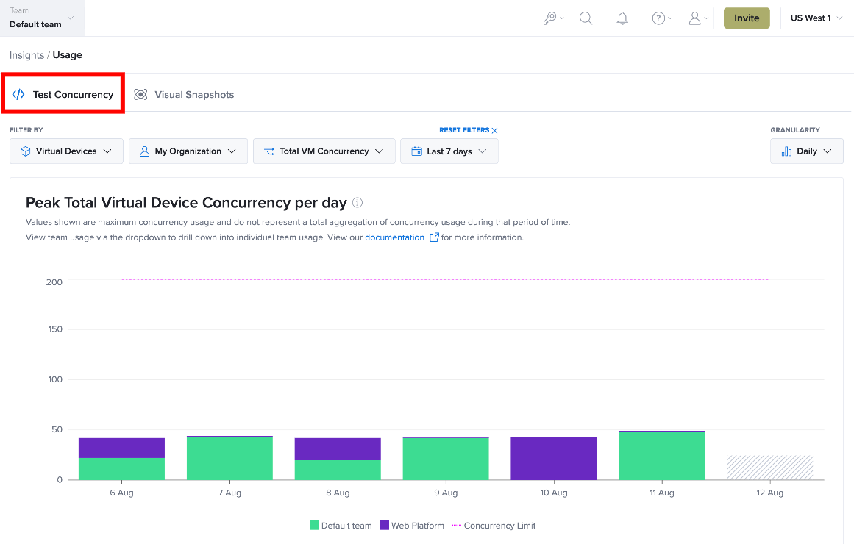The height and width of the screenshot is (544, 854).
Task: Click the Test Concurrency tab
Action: click(x=63, y=94)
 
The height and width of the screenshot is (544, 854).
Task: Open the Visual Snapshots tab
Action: click(x=184, y=94)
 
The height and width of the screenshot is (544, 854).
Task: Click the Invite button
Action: click(x=746, y=18)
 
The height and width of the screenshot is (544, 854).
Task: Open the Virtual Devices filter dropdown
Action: click(x=66, y=151)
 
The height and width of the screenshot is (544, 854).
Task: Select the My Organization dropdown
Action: click(x=188, y=151)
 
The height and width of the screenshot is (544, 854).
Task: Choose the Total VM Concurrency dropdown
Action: click(x=324, y=151)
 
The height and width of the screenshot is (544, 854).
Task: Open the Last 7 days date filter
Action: click(x=449, y=151)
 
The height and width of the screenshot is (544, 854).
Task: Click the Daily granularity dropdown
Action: click(x=807, y=151)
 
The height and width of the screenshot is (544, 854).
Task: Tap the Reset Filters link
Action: click(x=469, y=130)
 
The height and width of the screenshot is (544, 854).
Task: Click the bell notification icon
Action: click(x=622, y=18)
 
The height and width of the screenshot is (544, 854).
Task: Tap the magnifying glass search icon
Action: click(x=586, y=18)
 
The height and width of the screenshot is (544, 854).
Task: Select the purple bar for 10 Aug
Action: click(x=553, y=458)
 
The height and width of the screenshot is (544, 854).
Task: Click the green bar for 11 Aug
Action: click(x=662, y=456)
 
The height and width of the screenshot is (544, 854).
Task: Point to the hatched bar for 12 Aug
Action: click(x=769, y=468)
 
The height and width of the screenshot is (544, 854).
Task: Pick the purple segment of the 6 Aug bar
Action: click(x=121, y=448)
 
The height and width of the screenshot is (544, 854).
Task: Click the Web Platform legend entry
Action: click(x=412, y=526)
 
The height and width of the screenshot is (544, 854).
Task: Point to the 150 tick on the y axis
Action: click(x=55, y=329)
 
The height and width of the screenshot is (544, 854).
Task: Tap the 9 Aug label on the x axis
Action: click(x=446, y=493)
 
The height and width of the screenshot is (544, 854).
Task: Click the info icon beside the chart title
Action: click(x=357, y=203)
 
